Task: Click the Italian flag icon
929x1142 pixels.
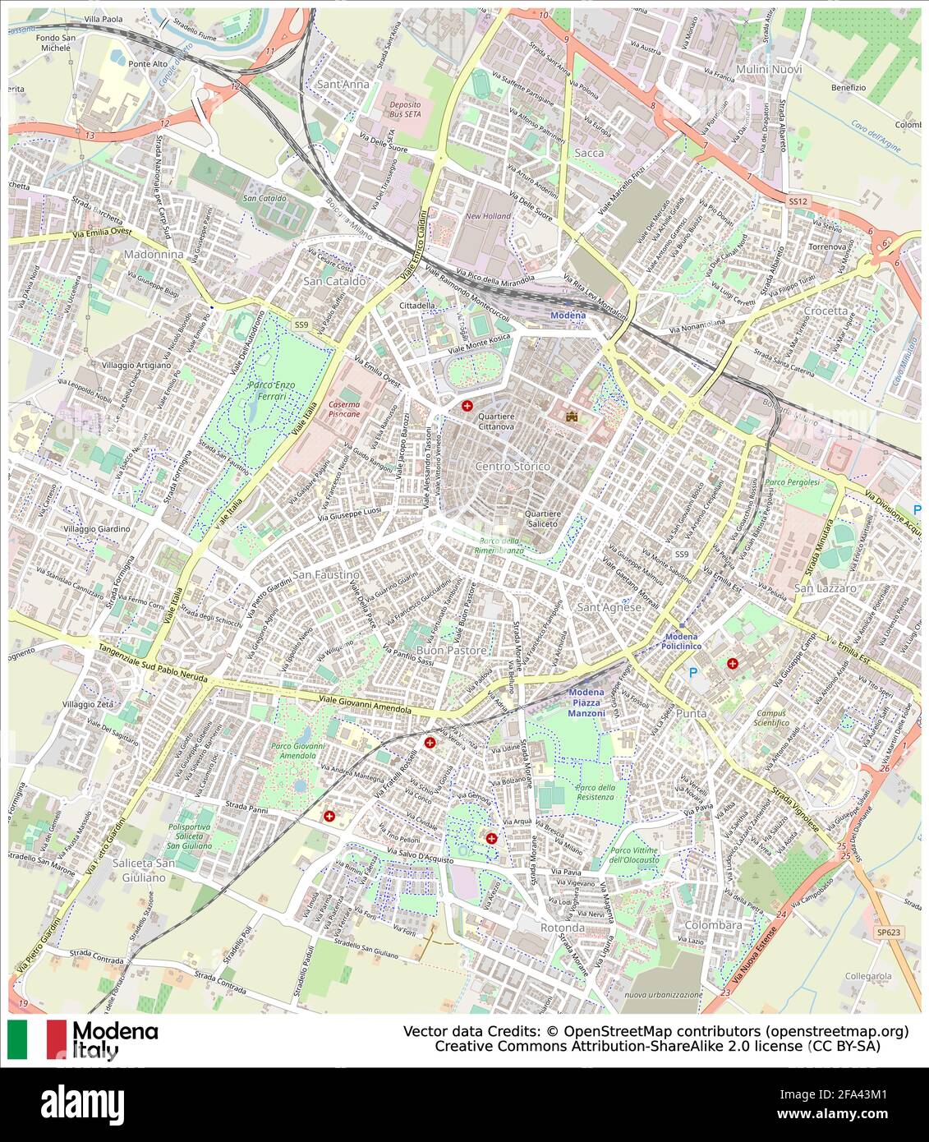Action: [x=37, y=1039]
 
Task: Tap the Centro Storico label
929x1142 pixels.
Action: [x=512, y=467]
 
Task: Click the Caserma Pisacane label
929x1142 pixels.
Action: [x=344, y=409]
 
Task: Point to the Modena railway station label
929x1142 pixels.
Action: [x=568, y=315]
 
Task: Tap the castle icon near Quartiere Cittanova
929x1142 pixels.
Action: [x=570, y=417]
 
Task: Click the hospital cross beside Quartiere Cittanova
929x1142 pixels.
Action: [x=467, y=406]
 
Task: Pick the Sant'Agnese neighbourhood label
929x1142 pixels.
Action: [x=609, y=607]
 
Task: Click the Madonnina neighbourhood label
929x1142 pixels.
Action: [x=154, y=255]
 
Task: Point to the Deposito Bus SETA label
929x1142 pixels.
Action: [x=405, y=110]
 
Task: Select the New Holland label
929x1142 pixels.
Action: [x=488, y=216]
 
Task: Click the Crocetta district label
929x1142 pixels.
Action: [x=826, y=311]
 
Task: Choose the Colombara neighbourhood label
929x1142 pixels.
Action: [x=713, y=925]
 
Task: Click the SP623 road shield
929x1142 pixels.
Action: [x=888, y=932]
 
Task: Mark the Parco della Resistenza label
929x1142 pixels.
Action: [x=595, y=792]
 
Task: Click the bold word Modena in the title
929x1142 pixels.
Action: [x=115, y=1032]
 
